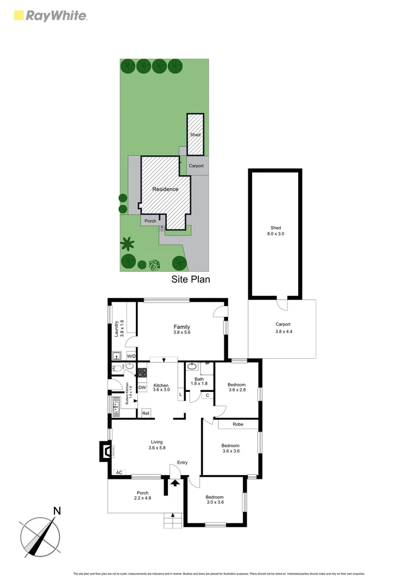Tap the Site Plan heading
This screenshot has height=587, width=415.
[190, 279]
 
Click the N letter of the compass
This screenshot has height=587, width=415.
[57, 511]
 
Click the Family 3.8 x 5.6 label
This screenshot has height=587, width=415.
[181, 329]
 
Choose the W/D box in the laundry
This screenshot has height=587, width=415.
[131, 357]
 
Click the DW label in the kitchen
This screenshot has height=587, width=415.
[142, 388]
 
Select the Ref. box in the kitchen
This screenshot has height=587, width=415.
[146, 414]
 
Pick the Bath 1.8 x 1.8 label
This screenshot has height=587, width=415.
[199, 382]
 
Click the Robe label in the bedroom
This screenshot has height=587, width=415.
[238, 424]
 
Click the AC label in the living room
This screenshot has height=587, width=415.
[118, 473]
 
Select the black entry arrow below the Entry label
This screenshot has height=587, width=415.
[175, 483]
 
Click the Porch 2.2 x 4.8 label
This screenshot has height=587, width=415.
[142, 496]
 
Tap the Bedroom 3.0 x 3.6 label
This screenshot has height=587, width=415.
[214, 499]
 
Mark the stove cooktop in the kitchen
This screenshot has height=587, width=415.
[142, 373]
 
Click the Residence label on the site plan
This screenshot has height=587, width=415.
[165, 189]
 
